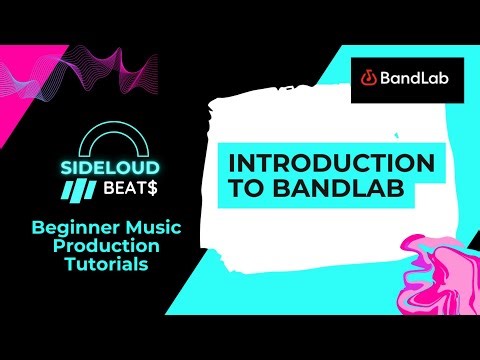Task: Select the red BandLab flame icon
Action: (369, 75)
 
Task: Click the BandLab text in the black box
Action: (417, 75)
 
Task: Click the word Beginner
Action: (74, 227)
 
